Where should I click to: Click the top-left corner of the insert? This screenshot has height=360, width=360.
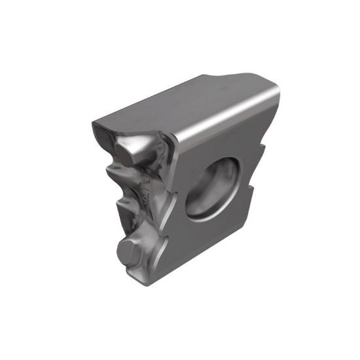pyautogui.click(x=95, y=121)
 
